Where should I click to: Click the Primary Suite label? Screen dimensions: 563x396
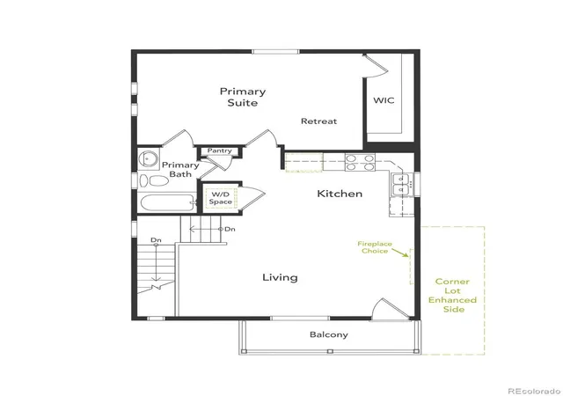243,97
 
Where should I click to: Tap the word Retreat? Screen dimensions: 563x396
318,121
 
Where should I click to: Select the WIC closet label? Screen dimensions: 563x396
384,100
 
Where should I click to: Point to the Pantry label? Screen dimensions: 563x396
219,151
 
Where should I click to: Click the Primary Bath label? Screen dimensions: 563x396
180,170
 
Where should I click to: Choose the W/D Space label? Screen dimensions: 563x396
221,198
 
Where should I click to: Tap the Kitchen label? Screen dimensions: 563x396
340,194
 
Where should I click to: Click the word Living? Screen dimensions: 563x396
280,277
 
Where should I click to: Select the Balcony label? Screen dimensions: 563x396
329,335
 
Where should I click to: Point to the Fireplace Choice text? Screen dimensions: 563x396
375,247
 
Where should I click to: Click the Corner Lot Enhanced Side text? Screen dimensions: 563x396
453,296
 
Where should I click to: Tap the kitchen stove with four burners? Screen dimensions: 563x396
360,162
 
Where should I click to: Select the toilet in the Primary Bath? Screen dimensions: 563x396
155,180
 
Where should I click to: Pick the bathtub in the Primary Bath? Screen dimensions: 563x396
168,203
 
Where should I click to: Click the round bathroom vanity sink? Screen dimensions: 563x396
149,158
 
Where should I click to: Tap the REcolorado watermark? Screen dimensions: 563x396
535,390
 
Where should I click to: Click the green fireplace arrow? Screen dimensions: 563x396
400,253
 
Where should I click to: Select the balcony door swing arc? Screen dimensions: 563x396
377,306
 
